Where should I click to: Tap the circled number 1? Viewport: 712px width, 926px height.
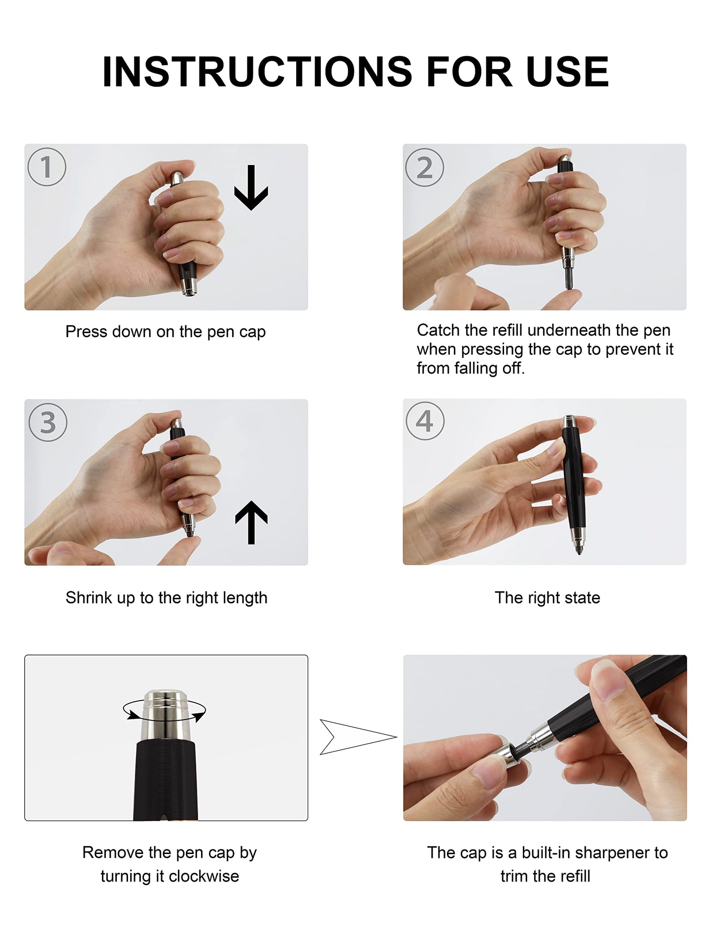point(47,167)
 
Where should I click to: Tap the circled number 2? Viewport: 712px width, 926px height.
point(424,168)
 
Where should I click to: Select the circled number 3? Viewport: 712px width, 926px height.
point(48,422)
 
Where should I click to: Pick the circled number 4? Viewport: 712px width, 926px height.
point(425,421)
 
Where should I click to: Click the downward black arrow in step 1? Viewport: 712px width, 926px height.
point(251,189)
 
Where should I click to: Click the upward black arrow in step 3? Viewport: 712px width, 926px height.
point(251,522)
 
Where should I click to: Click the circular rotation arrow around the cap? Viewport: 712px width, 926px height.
point(164,711)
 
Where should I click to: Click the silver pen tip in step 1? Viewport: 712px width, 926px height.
point(189,286)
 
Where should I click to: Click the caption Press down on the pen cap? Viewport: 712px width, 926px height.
point(166,332)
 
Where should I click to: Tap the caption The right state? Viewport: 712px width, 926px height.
point(547,597)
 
